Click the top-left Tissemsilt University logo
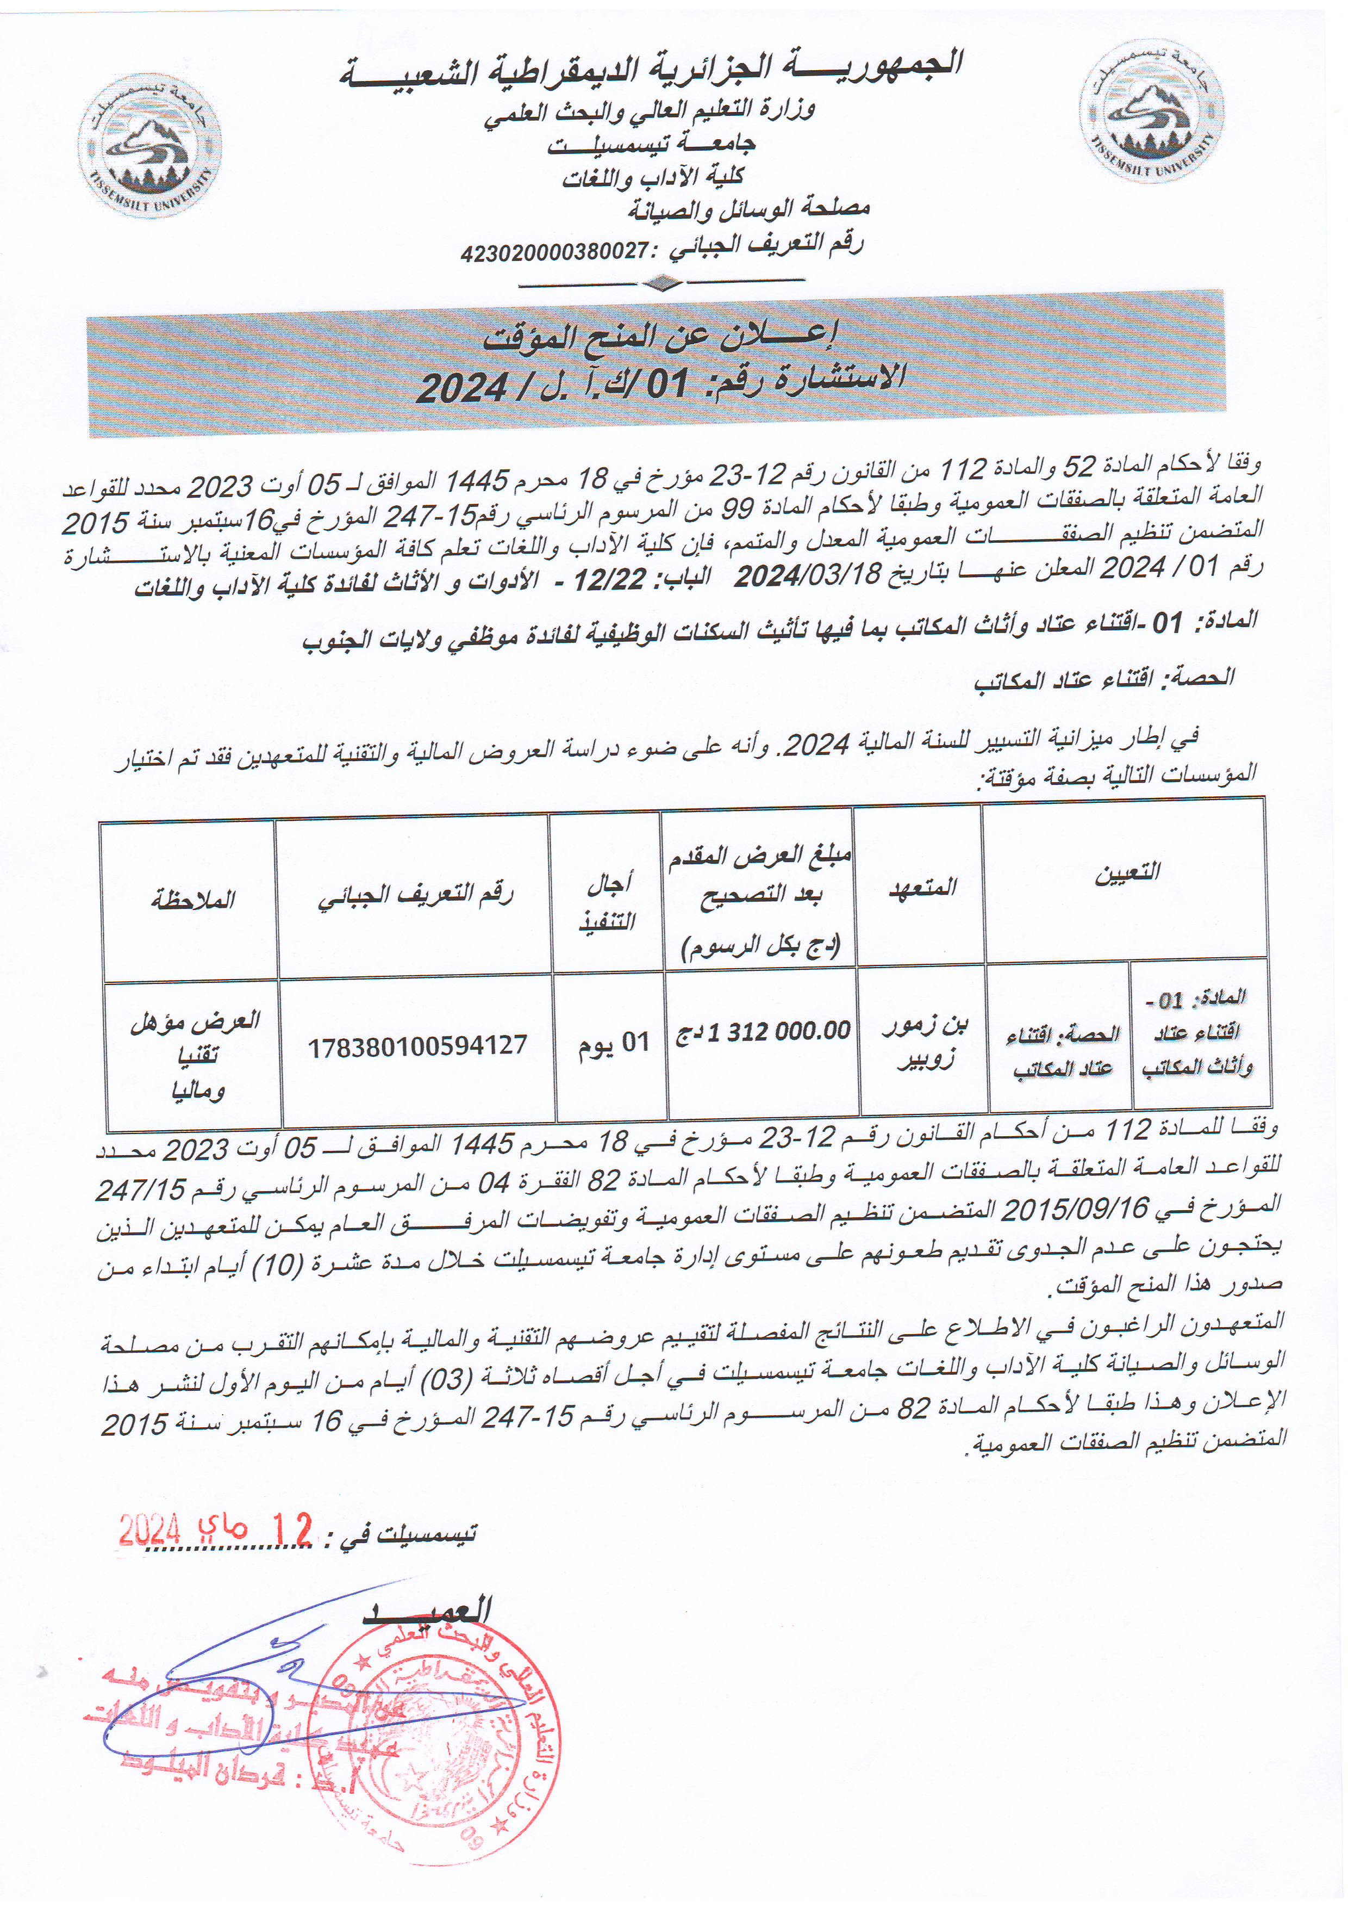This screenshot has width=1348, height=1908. pos(149,145)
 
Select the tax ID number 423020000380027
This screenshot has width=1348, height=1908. pos(554,251)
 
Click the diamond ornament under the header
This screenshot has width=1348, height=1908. pos(662,284)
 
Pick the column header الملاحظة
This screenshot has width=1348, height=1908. pos(193,899)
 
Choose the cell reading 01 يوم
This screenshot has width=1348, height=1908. pos(613,1042)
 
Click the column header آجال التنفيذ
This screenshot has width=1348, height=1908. pos(607,902)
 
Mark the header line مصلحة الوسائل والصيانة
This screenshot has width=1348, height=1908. pos(747,208)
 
